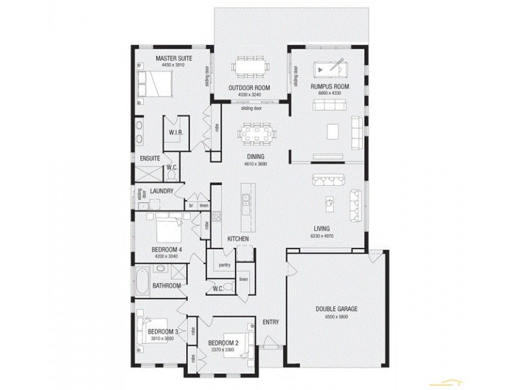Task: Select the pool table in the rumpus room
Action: pyautogui.click(x=329, y=70)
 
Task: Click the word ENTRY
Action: pyautogui.click(x=270, y=322)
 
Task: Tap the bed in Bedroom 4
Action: pyautogui.click(x=167, y=229)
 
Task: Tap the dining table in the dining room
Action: pyautogui.click(x=254, y=136)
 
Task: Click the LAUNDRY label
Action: pyautogui.click(x=161, y=191)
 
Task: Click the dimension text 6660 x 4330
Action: pyautogui.click(x=330, y=94)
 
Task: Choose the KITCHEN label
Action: pyautogui.click(x=239, y=239)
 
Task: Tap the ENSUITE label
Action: pyautogui.click(x=149, y=158)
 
